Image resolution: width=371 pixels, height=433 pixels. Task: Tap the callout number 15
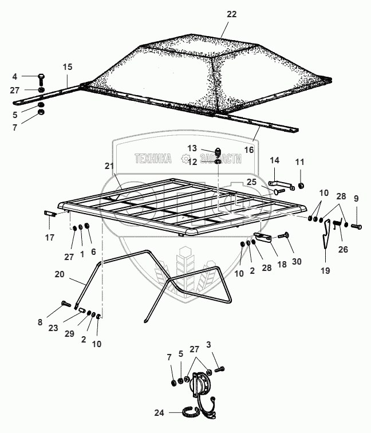tap(68, 68)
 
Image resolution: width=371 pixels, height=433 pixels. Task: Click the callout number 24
tap(159, 412)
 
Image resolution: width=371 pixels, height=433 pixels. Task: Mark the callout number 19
tap(326, 270)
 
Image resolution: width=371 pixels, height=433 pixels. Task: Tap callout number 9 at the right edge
tap(356, 198)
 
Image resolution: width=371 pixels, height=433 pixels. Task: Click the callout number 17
tap(50, 237)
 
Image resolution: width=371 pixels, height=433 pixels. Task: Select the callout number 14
tap(274, 160)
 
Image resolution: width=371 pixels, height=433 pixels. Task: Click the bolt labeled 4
tap(41, 77)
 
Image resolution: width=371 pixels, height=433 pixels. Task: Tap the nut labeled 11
tap(302, 186)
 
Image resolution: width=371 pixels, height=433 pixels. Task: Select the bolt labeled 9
tap(355, 227)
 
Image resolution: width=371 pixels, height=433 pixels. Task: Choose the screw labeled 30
tap(284, 236)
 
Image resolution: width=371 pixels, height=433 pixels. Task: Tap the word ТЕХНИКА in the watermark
tap(153, 159)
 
